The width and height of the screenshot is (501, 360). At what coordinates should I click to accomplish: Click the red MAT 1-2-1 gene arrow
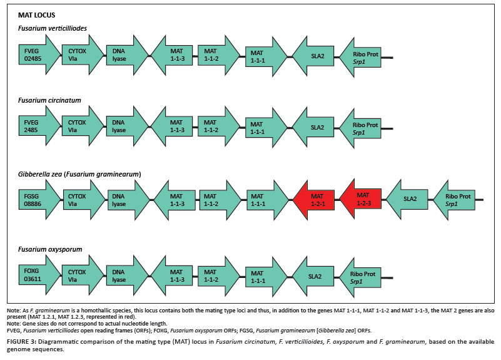click(316, 199)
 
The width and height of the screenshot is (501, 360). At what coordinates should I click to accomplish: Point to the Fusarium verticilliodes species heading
click(52, 29)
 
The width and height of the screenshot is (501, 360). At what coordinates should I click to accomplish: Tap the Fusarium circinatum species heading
click(49, 100)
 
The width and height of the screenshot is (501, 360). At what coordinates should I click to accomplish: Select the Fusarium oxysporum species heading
click(50, 249)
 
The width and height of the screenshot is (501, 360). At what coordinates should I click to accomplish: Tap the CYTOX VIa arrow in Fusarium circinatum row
click(81, 127)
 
